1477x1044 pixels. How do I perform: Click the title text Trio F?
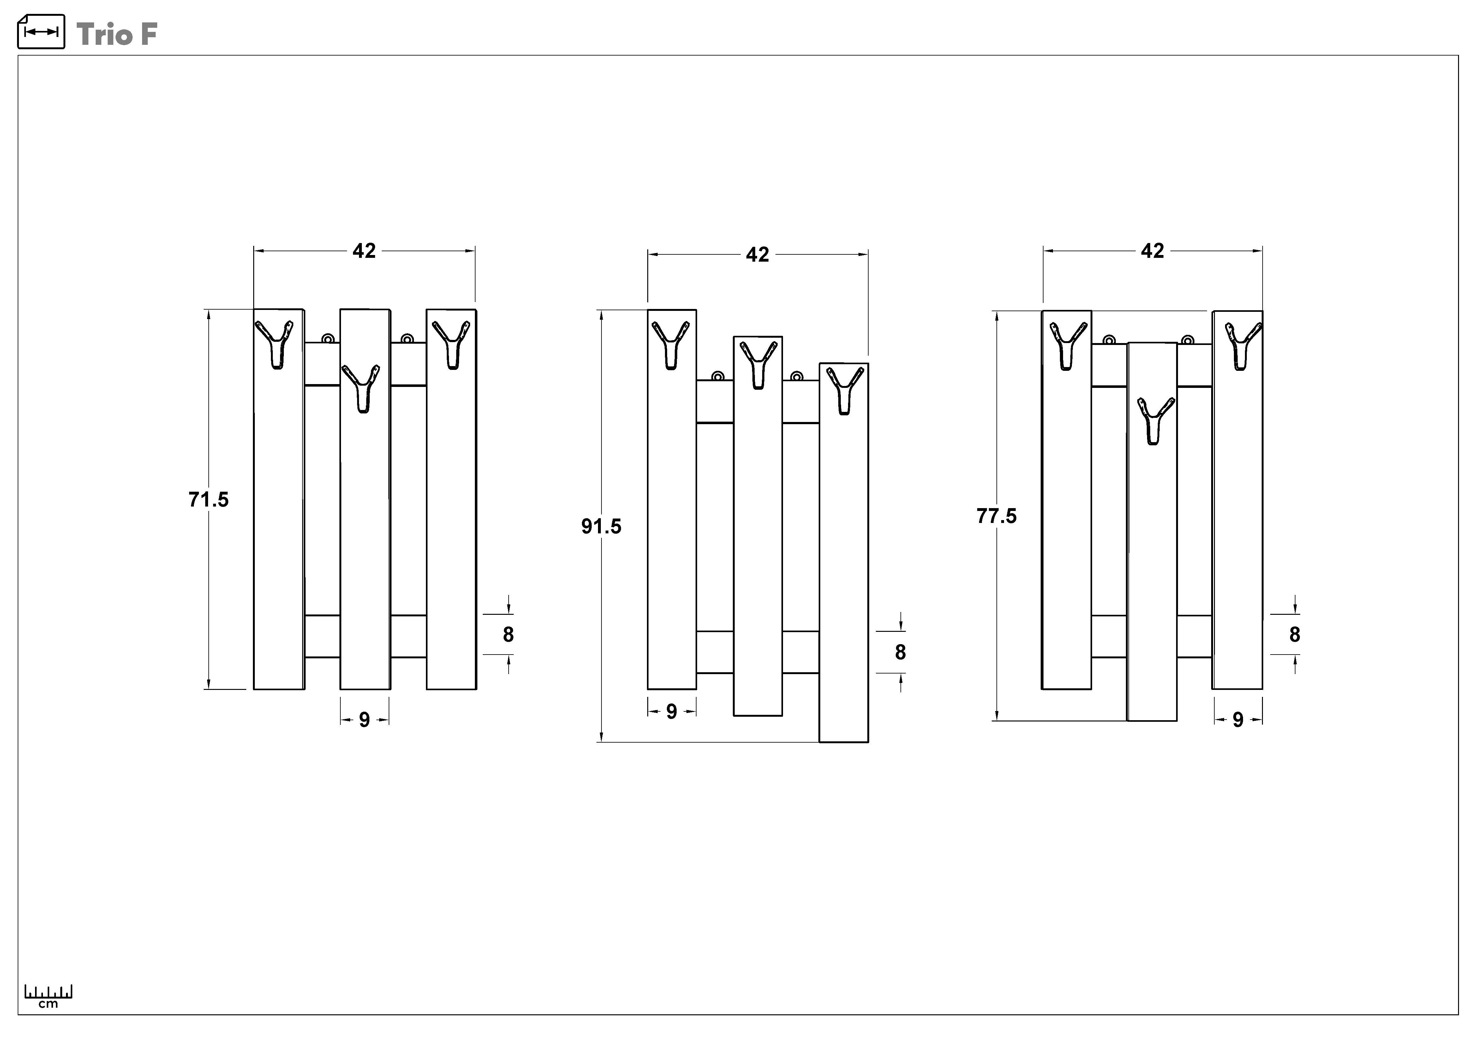point(117,34)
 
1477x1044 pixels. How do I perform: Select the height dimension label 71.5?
point(208,500)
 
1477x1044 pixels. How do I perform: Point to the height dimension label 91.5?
point(601,526)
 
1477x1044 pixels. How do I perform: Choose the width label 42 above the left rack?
point(364,251)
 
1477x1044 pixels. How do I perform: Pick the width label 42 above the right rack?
point(1153,251)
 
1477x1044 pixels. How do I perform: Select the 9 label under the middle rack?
point(672,712)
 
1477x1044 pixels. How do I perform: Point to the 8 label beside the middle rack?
point(900,653)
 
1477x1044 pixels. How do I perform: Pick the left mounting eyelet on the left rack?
point(328,339)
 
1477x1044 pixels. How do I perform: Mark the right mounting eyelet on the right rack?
point(1187,340)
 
